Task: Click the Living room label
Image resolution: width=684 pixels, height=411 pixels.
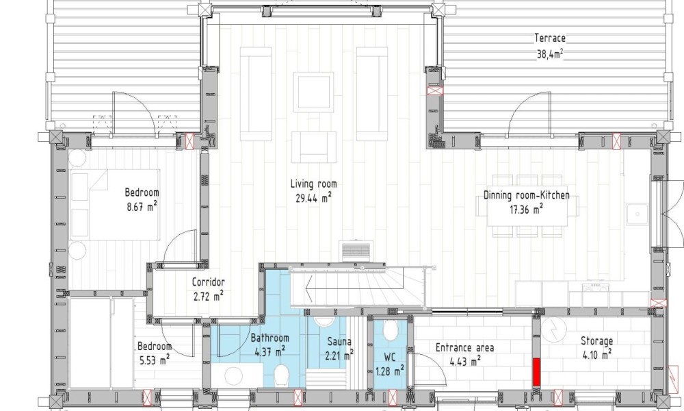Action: coord(314,184)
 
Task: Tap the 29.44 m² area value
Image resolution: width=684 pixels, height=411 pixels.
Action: coord(314,198)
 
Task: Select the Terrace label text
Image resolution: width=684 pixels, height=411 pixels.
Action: coord(550,38)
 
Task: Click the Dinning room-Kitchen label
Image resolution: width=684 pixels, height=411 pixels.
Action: coord(527,195)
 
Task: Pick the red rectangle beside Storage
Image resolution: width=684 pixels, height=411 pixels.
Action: coord(536,372)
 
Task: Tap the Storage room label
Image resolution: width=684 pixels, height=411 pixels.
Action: coord(596,341)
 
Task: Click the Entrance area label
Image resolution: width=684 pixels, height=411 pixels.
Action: coord(465,348)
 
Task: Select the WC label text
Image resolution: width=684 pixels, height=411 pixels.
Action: coord(390,358)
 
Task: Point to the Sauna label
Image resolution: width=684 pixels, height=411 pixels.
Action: coord(339,342)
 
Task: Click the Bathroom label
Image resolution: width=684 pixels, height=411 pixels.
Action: coord(269,338)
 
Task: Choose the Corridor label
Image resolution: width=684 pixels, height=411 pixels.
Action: coord(209,283)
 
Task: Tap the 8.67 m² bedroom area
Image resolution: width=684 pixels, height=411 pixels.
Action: coord(142,206)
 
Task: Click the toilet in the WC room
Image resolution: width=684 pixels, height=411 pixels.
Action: coord(391,331)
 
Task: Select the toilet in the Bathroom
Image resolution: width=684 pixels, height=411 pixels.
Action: coord(281,375)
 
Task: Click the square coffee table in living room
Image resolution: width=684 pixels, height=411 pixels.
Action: coord(314,92)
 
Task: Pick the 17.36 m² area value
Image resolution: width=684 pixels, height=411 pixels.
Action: coord(527,209)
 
